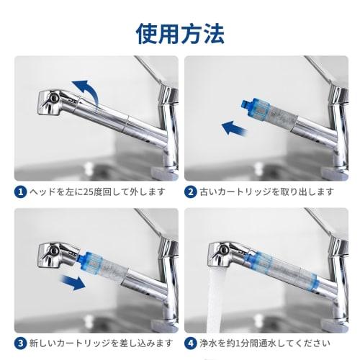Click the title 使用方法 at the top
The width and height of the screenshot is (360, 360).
pos(179,32)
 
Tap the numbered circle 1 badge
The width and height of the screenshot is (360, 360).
pos(22,192)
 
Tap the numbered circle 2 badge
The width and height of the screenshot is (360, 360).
pos(191,192)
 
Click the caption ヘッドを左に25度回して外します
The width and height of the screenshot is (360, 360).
pos(97,192)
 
